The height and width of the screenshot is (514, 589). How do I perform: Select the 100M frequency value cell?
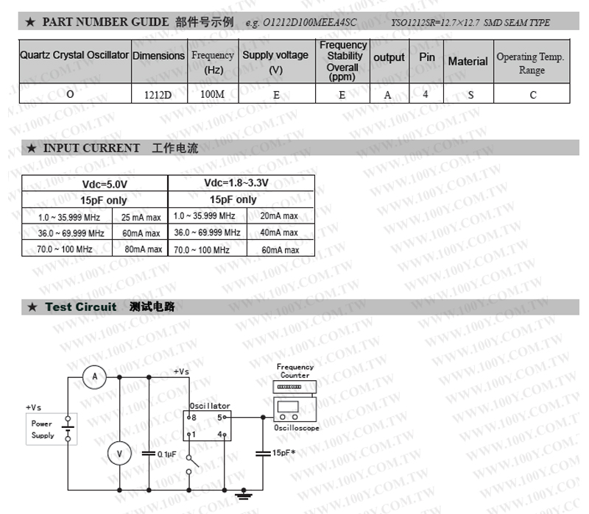[212, 93]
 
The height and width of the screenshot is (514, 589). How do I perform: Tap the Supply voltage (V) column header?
[275, 62]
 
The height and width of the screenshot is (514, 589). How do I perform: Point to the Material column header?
[468, 62]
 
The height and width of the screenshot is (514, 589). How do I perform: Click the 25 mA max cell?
[141, 217]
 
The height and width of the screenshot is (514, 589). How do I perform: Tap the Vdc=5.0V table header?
[94, 184]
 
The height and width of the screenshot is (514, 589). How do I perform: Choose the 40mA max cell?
[279, 233]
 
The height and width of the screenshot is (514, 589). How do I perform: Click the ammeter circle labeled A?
[94, 376]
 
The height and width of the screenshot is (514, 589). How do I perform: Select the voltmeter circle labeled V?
[119, 454]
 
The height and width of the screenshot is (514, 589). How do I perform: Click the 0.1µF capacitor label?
[166, 454]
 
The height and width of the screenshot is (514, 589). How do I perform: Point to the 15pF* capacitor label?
[283, 453]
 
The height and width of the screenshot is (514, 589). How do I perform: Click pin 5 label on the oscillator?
[219, 417]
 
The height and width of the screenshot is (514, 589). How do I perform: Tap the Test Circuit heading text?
[81, 307]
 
